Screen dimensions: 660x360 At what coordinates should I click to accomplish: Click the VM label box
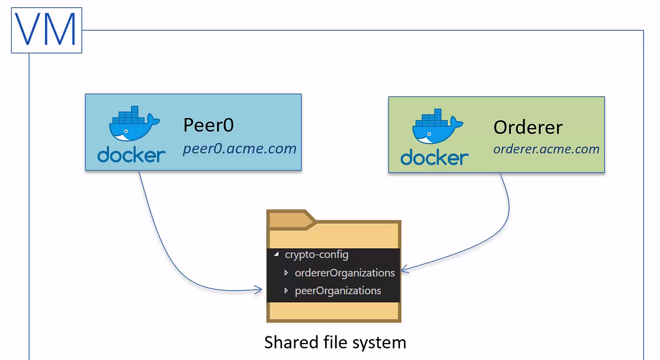47,30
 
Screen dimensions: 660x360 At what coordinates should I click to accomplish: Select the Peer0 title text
208,125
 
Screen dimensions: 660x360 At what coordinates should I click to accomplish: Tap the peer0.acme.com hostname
239,148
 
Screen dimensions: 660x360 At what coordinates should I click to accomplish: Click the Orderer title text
528,128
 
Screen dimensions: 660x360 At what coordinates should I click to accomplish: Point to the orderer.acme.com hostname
546,149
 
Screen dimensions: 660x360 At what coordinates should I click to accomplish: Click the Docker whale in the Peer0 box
134,123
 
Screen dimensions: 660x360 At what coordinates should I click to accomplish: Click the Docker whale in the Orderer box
438,126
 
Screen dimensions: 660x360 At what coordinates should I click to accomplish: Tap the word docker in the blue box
131,154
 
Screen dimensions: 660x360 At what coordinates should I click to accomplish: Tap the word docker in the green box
435,157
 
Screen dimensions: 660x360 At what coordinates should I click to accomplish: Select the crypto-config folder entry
316,254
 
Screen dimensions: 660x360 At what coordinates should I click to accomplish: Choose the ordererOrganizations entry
345,273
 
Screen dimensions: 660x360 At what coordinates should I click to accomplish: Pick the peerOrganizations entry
338,291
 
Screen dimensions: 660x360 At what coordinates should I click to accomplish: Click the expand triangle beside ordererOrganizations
286,273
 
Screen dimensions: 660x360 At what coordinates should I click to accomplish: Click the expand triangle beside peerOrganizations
286,291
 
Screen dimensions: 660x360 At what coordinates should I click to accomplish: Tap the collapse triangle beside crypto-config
276,254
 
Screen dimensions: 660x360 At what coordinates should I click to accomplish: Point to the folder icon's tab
291,220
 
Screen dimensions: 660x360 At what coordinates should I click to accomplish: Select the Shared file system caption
335,342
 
